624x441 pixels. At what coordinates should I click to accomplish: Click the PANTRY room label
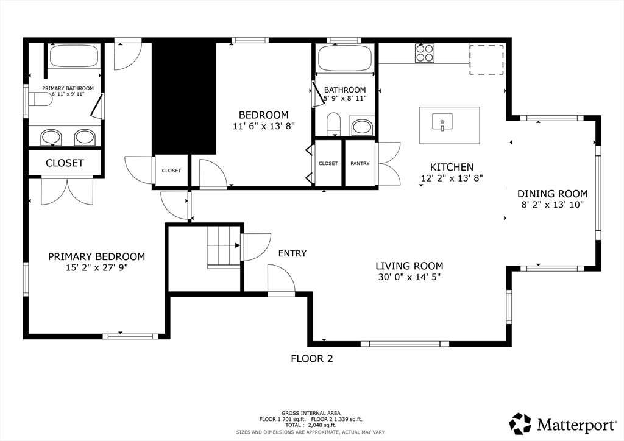pos(360,163)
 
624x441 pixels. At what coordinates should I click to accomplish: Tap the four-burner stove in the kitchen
pos(425,53)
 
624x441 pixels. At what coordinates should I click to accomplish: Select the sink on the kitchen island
pos(442,121)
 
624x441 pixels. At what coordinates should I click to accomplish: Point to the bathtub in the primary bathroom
pos(74,55)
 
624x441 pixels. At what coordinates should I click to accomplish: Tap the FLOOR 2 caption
pos(312,359)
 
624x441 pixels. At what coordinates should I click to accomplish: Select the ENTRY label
pos(292,253)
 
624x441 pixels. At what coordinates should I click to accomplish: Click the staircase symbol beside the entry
pos(224,247)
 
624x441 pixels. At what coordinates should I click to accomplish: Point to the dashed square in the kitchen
pos(486,60)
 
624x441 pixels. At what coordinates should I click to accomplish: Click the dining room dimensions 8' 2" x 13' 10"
pos(552,205)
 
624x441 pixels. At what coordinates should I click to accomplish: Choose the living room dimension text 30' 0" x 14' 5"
pos(409,277)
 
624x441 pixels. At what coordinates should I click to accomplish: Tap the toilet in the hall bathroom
pos(333,124)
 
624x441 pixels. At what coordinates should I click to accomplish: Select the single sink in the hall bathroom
pos(361,127)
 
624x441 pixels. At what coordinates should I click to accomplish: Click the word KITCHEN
pos(452,167)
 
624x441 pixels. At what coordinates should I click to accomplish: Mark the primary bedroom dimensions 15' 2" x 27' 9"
pos(96,267)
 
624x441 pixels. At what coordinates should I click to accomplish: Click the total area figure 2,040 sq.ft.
pos(322,425)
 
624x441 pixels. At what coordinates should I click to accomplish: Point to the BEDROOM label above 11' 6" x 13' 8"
pos(263,115)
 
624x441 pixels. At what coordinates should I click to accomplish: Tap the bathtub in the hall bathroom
pos(346,58)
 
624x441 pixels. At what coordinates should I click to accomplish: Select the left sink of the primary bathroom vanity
pos(51,137)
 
